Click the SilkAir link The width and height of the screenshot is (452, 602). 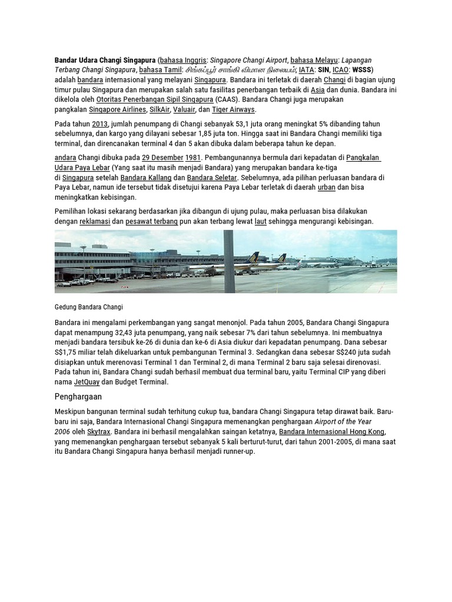coord(159,109)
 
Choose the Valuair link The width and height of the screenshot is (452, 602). coord(184,109)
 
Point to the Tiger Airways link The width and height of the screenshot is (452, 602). coord(234,109)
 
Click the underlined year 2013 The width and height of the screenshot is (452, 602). coord(99,124)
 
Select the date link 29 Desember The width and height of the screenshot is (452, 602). coord(161,158)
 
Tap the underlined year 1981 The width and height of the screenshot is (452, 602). coord(193,158)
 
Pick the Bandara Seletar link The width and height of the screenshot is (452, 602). coord(212,178)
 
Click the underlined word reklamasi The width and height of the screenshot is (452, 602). coord(95,221)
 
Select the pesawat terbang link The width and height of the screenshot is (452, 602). coord(151,221)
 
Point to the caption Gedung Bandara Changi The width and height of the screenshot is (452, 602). coord(88,307)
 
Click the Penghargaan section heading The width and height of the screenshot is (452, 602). coord(78,397)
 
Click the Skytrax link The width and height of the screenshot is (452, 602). coord(99,432)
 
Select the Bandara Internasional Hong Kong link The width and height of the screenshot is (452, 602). coord(331,432)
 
